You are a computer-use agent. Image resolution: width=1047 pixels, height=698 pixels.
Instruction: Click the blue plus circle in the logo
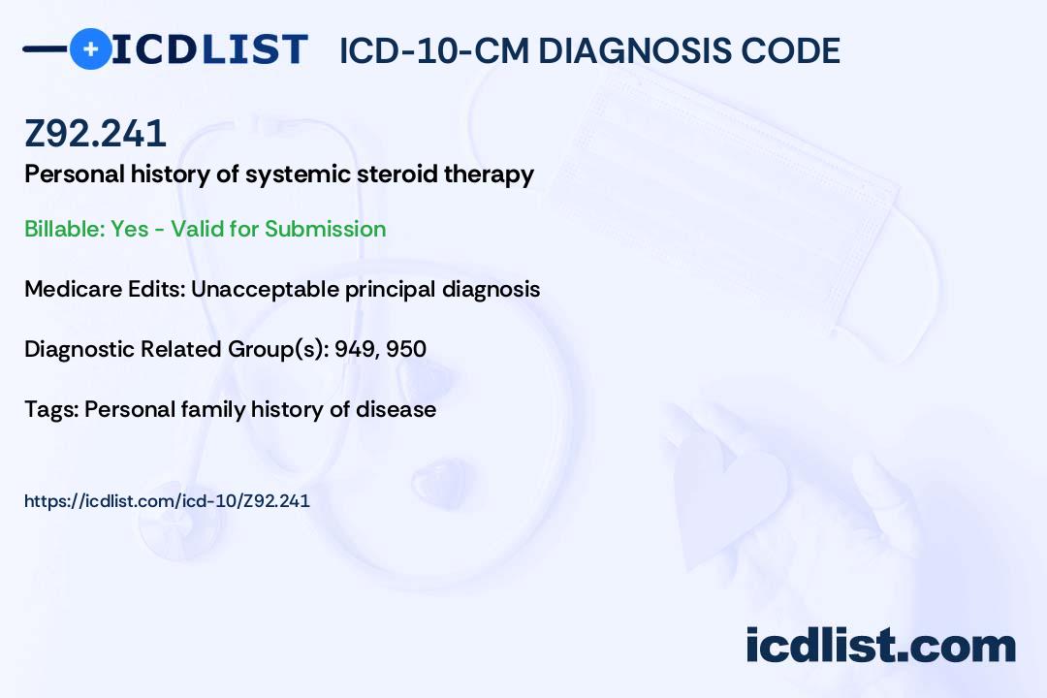coord(91,48)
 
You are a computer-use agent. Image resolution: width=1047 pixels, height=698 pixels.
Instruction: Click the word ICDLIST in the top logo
coord(209,49)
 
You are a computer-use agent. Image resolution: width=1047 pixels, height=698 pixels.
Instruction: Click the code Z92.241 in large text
coord(95,133)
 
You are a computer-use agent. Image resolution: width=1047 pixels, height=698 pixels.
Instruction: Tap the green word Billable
coord(64,229)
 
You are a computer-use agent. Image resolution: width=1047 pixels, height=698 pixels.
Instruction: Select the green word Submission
coord(325,229)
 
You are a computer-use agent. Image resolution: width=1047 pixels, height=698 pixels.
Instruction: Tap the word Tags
coord(51,409)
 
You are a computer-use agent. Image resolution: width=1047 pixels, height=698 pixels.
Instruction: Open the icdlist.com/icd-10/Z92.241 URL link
coord(167,501)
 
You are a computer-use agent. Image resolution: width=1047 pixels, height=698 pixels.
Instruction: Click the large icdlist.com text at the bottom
coord(880,646)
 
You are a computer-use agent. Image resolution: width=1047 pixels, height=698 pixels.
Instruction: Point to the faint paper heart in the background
coord(728,494)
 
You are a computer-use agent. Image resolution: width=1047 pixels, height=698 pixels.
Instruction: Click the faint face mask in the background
coord(735,201)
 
